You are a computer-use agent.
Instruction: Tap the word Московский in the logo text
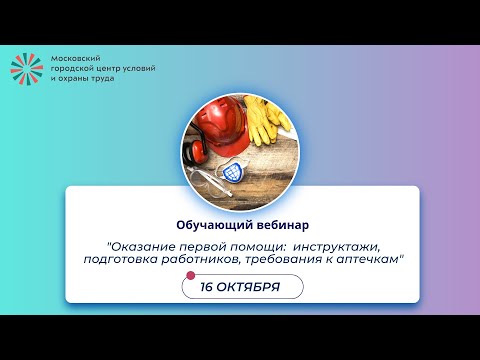[x=73, y=58]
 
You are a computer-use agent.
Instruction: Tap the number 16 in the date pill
[x=210, y=287]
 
